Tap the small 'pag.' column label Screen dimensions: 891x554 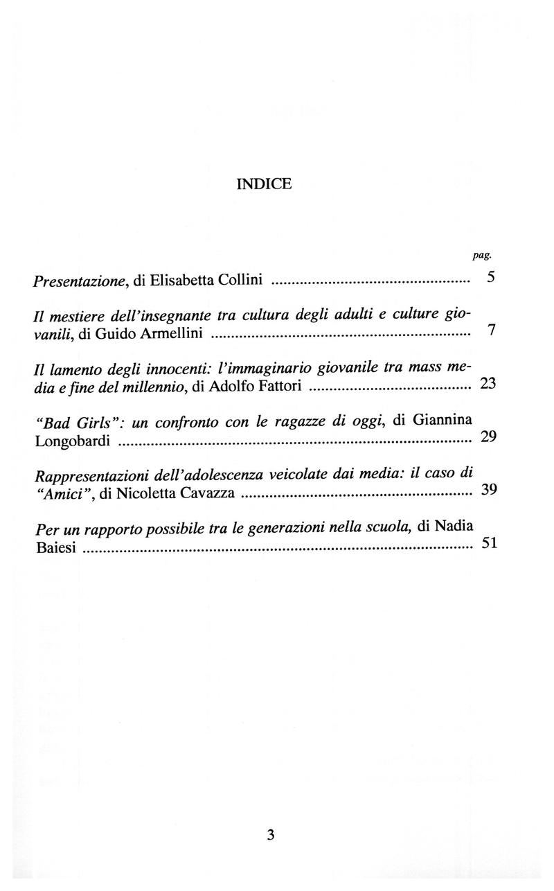coord(482,256)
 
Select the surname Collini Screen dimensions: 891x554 coord(239,281)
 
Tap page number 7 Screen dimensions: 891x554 coord(491,330)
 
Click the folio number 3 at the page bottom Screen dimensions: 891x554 coord(270,836)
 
